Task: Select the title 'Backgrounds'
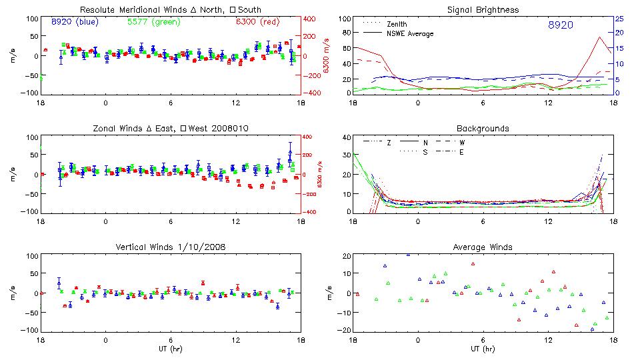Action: (x=483, y=128)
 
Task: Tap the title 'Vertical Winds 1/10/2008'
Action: (x=171, y=247)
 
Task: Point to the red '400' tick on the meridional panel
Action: (x=310, y=19)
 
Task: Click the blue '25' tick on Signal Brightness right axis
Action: (x=618, y=19)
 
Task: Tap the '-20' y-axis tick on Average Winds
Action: (x=345, y=331)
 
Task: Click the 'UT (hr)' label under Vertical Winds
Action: (x=170, y=348)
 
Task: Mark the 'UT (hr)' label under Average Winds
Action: (x=483, y=348)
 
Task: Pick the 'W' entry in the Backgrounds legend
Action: (x=461, y=143)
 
